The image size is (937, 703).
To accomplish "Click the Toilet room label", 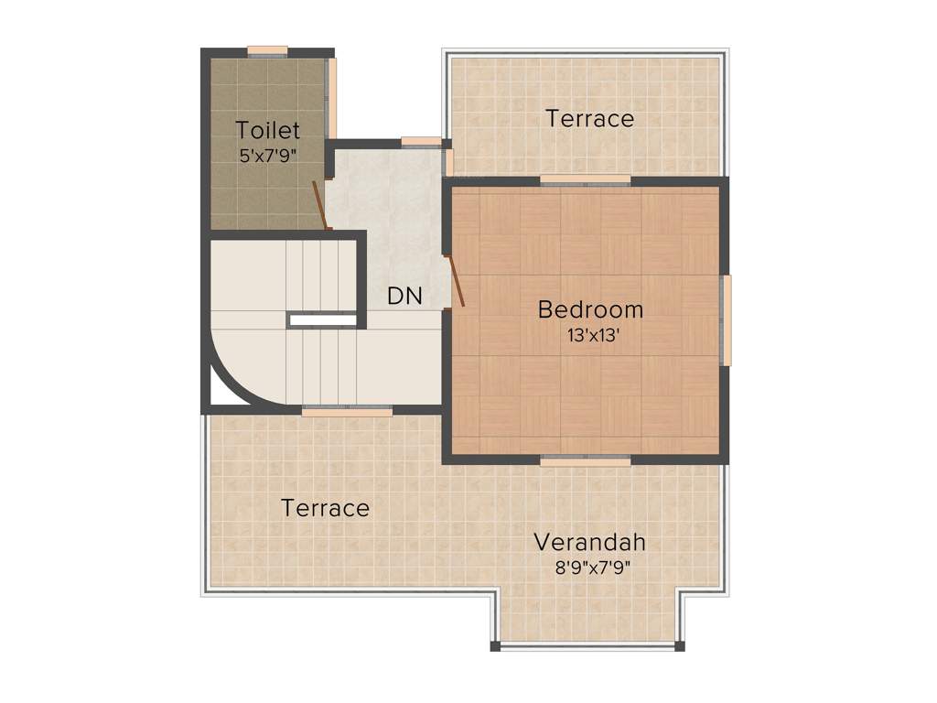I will click(268, 129).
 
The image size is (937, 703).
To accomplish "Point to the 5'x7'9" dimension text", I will click(268, 156).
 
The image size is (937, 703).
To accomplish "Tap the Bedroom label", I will click(590, 309).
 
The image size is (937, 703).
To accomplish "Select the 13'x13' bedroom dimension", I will click(590, 335).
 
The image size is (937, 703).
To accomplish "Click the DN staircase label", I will click(404, 297).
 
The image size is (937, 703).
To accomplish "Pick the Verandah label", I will click(590, 541).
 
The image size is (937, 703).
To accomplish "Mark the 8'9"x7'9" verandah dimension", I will click(590, 567).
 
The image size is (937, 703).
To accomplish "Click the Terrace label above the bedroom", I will click(590, 118).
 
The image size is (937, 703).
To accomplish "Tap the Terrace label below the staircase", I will click(326, 507).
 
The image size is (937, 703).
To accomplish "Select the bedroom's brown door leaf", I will click(455, 280).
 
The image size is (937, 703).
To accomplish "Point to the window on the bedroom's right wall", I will click(726, 320).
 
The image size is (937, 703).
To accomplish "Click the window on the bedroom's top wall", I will click(586, 179).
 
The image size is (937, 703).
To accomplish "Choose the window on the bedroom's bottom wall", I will click(586, 461).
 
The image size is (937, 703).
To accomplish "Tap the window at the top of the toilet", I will click(268, 51).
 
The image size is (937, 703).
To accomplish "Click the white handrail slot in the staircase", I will click(322, 320).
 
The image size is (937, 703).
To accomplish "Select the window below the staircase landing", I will click(347, 412).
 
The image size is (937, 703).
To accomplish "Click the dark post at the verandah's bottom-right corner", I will click(680, 646).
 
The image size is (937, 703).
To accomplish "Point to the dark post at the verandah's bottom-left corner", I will click(496, 646).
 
